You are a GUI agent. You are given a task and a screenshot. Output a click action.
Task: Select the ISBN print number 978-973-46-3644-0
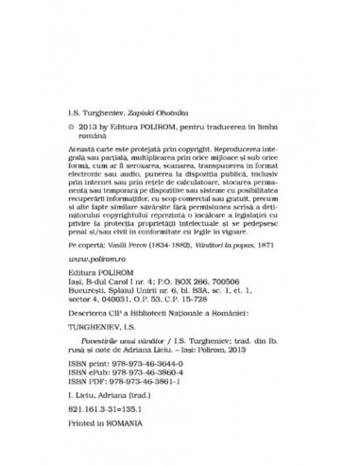150,373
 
